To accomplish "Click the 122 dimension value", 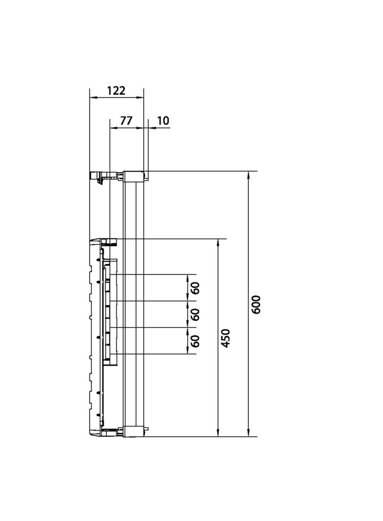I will pyautogui.click(x=116, y=90).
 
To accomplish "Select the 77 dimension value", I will pyautogui.click(x=126, y=121).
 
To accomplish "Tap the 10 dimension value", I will pyautogui.click(x=163, y=121).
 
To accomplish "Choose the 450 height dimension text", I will pyautogui.click(x=226, y=338).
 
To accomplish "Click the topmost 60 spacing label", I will pyautogui.click(x=195, y=288).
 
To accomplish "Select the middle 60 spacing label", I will pyautogui.click(x=195, y=314).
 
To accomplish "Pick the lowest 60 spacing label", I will pyautogui.click(x=195, y=341).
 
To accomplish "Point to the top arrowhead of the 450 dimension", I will pyautogui.click(x=218, y=242).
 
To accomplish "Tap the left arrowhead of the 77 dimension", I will pyautogui.click(x=113, y=128).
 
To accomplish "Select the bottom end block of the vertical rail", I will pyautogui.click(x=134, y=432).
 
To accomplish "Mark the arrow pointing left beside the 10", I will pyautogui.click(x=150, y=128).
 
